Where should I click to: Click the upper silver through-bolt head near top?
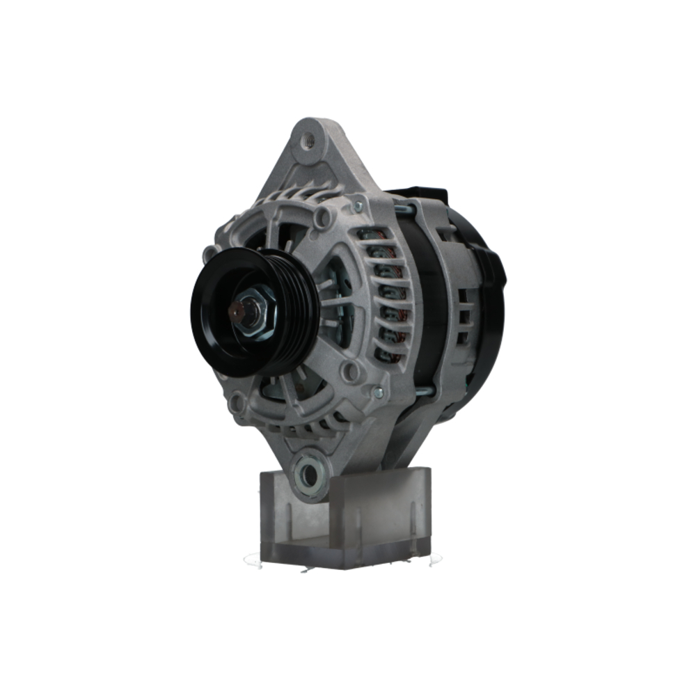pos(358,206)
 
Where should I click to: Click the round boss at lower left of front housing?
pos(239,402)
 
